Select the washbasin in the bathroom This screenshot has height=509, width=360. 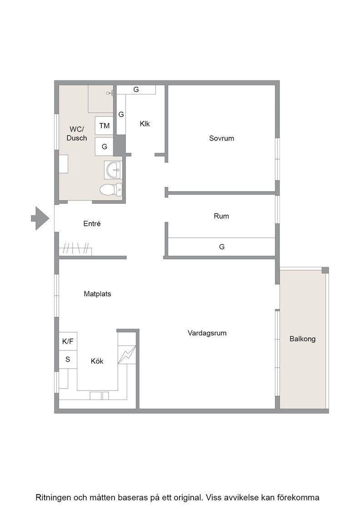click(113, 170)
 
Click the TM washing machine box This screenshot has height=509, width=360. click(104, 125)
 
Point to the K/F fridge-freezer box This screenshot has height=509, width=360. click(68, 341)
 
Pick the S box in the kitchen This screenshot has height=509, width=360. click(68, 359)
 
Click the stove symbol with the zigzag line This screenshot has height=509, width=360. click(127, 354)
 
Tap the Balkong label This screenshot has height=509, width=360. click(303, 339)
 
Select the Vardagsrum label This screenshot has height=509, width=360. click(207, 333)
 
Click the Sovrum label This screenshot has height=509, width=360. click(221, 138)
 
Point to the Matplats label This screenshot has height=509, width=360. click(97, 294)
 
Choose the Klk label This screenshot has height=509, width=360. click(145, 124)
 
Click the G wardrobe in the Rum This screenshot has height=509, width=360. click(222, 247)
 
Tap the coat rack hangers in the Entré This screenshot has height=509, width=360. click(76, 248)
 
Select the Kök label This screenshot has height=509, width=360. click(97, 361)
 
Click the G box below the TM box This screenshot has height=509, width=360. click(104, 146)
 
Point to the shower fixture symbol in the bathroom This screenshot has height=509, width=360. click(110, 93)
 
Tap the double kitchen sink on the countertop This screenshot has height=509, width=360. click(100, 396)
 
